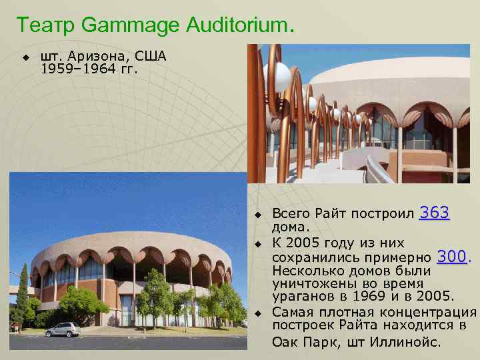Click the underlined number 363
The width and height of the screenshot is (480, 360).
tap(435, 213)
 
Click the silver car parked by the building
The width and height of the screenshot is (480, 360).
tap(63, 329)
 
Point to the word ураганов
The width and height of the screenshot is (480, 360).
tap(301, 296)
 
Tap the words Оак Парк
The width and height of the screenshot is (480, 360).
tap(300, 342)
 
